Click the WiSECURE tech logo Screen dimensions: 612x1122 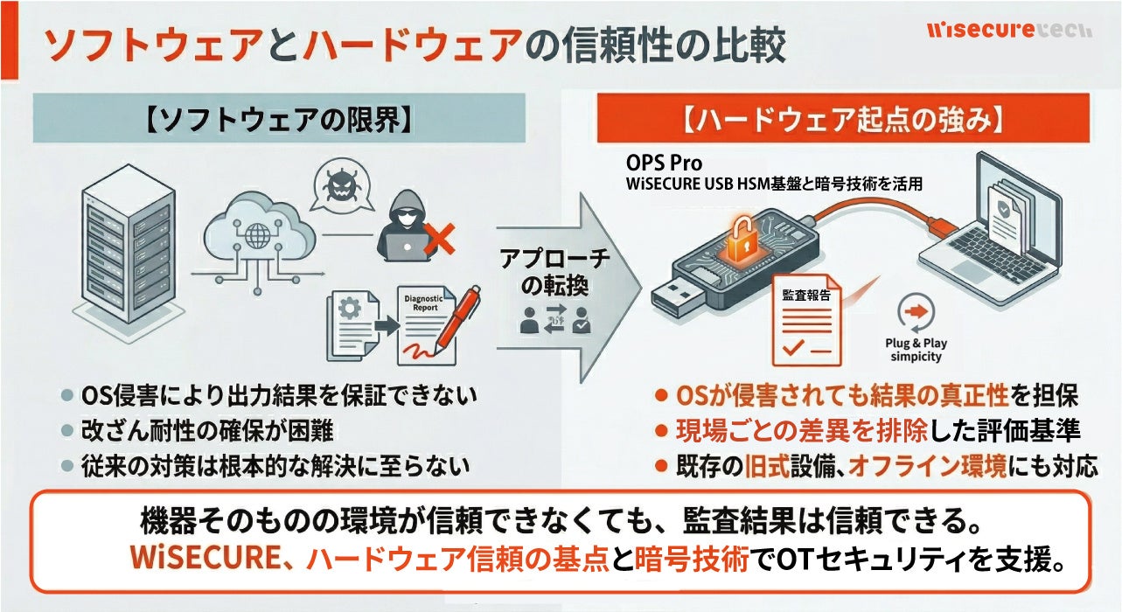click(x=1008, y=30)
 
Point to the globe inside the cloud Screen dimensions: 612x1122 click(x=259, y=236)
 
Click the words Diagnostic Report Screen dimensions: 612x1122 click(x=423, y=303)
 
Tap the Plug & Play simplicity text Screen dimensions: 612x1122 click(x=916, y=350)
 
